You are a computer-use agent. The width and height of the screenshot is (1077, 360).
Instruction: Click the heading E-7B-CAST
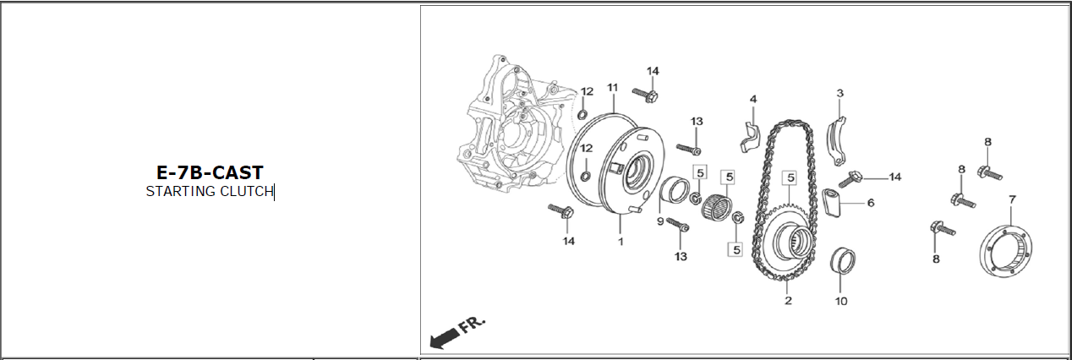(x=210, y=172)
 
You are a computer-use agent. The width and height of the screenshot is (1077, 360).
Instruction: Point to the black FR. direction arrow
(x=444, y=337)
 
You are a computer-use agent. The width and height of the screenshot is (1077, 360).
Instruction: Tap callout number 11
(x=612, y=88)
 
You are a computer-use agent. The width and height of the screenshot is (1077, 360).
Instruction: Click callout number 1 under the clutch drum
(x=621, y=242)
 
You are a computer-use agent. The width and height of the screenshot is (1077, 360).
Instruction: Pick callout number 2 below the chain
(x=788, y=300)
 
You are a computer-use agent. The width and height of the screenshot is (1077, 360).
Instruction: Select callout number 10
(x=841, y=301)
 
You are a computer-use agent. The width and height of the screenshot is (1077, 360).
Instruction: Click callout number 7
(x=1012, y=199)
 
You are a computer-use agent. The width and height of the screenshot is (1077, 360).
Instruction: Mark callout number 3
(x=840, y=93)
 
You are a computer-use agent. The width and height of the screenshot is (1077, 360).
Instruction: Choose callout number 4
(x=753, y=99)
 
